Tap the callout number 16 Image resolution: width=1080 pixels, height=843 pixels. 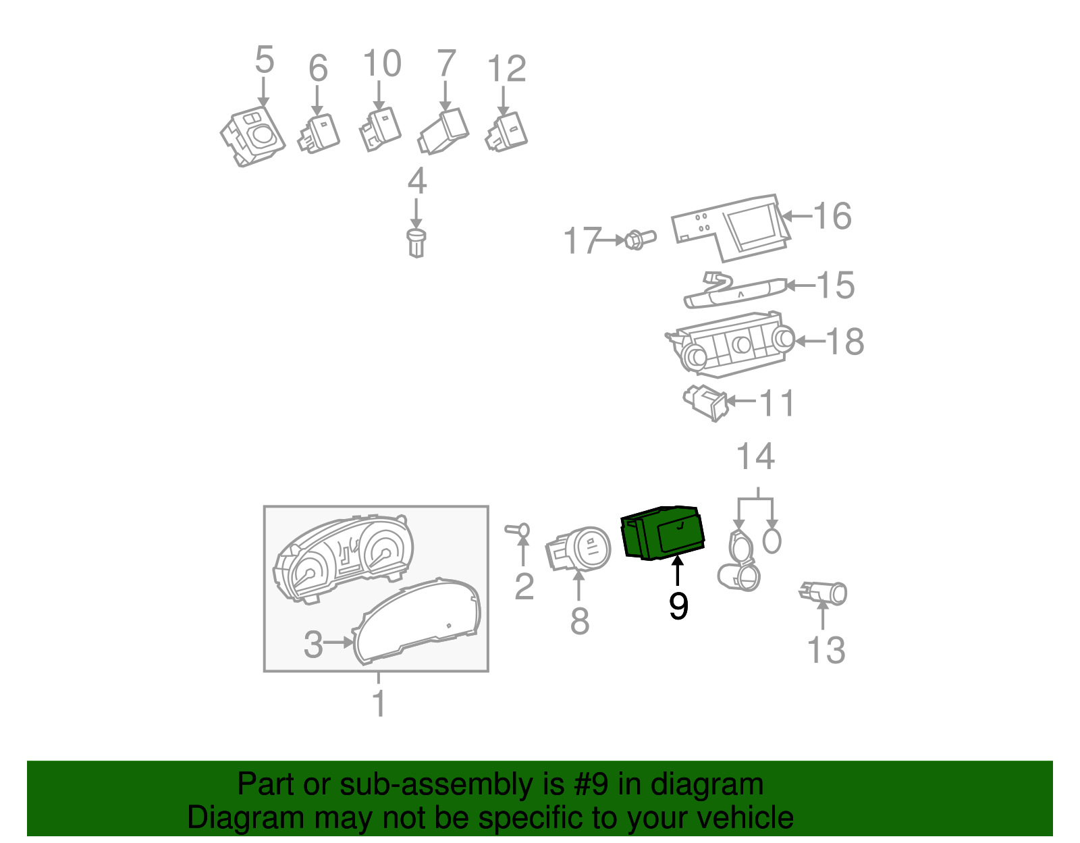point(832,217)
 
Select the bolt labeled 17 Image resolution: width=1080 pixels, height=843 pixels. point(639,240)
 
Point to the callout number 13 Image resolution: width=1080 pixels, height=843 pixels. point(826,650)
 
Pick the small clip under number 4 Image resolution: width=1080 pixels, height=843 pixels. point(417,243)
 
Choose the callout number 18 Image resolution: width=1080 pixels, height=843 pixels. point(844,342)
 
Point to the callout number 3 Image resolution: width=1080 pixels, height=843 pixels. point(313,644)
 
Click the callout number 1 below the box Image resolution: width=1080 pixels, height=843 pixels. point(379,703)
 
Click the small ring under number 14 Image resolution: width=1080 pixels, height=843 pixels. point(771,541)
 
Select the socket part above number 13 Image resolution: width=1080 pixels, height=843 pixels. point(824,593)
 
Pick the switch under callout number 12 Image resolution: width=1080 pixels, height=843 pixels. point(507,133)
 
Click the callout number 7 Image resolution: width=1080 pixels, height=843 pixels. point(446,64)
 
